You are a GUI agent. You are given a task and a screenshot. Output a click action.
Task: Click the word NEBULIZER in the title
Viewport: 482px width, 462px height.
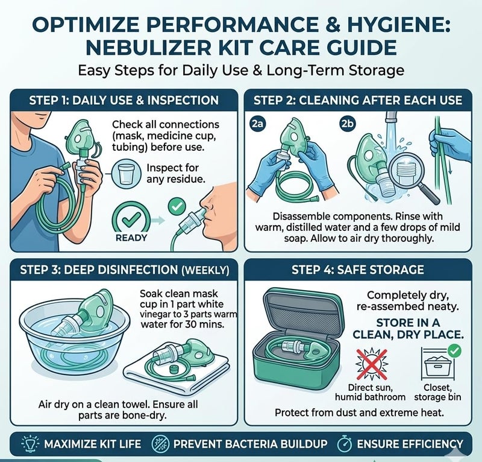pos(148,48)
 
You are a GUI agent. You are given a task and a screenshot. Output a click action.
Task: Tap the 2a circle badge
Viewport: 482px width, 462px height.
pos(257,124)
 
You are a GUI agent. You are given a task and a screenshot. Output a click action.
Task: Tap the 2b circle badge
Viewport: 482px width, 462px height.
pos(347,124)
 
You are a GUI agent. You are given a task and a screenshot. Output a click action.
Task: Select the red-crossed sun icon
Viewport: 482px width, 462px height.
pos(372,364)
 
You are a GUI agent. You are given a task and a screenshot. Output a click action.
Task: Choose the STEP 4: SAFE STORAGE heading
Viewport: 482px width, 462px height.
pos(358,270)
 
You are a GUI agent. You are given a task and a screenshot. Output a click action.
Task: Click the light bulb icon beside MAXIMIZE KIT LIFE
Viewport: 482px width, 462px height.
pos(30,444)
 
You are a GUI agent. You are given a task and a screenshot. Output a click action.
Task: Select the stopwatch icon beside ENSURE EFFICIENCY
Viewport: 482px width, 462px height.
pos(345,444)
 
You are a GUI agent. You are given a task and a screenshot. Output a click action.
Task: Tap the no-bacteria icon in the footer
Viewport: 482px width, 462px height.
pos(161,444)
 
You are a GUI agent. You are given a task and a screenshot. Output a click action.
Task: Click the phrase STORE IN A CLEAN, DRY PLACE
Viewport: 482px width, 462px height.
pos(408,329)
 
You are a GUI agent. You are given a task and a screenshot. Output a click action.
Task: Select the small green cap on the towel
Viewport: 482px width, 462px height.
pos(174,369)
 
